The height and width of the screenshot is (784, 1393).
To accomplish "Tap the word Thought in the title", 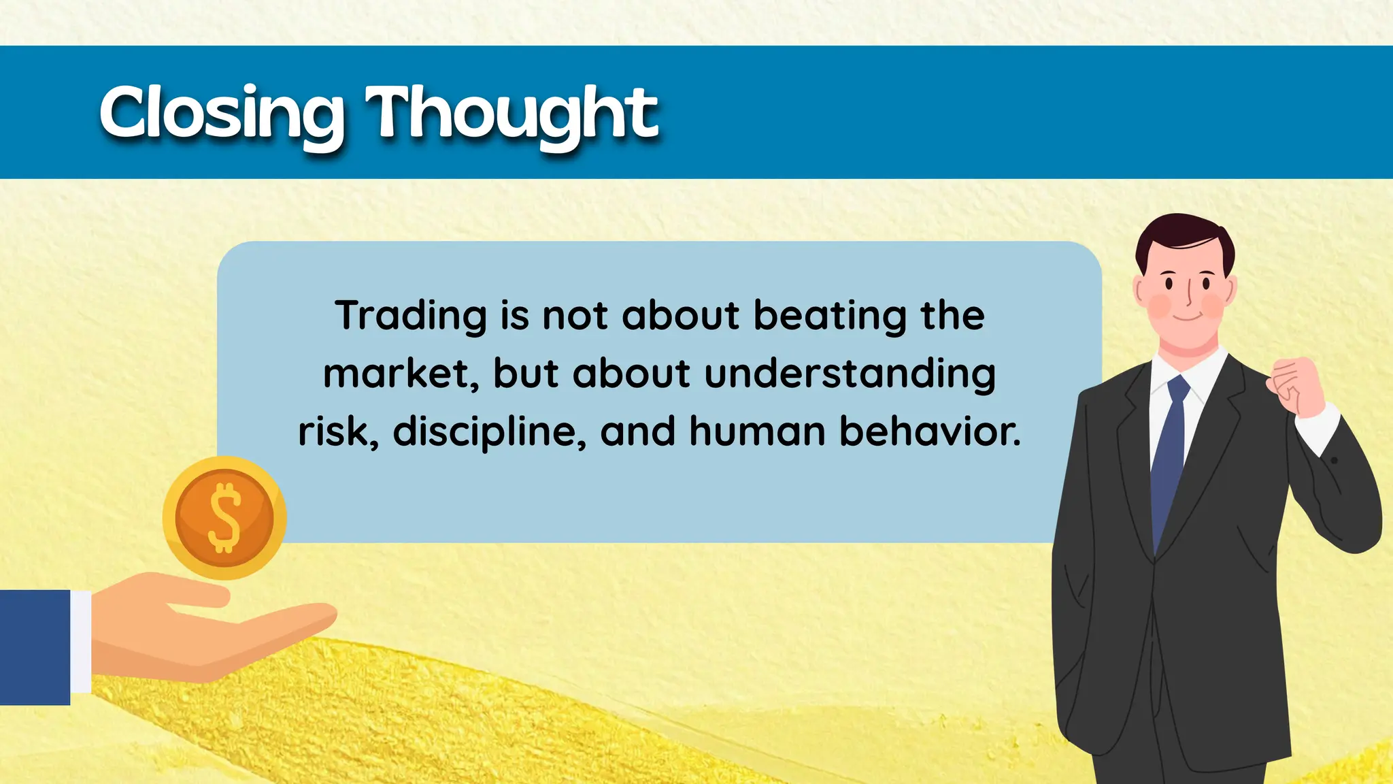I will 511,112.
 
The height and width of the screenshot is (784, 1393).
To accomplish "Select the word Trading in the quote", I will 410,316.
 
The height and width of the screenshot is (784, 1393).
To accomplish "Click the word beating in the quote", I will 830,316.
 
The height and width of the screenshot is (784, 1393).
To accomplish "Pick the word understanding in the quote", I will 850,374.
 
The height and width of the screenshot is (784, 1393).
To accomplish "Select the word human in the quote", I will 757,431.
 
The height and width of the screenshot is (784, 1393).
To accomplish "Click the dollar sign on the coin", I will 224,517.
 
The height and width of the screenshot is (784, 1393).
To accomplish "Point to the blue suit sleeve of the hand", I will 34,647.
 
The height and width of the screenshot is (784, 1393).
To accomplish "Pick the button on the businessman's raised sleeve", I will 1334,461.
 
